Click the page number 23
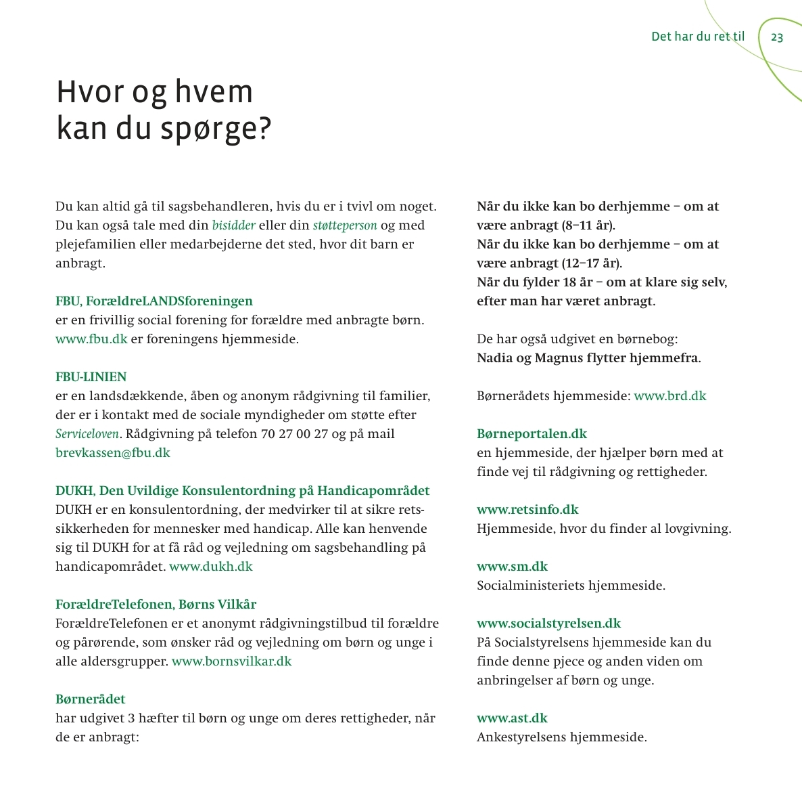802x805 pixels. click(777, 37)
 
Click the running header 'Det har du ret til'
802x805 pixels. click(697, 37)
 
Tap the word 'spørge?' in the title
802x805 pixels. click(216, 129)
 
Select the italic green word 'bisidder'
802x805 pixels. click(234, 225)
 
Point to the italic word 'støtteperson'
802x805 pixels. click(345, 225)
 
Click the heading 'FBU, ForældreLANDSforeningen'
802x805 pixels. click(154, 301)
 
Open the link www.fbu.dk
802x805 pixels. click(91, 339)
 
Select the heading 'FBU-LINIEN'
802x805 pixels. click(91, 377)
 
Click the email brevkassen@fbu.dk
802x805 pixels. click(113, 453)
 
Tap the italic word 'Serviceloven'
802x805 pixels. click(87, 434)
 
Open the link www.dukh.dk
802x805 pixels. click(210, 567)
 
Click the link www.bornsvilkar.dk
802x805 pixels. click(231, 661)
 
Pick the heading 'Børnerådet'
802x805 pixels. click(91, 699)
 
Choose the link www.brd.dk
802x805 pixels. click(669, 396)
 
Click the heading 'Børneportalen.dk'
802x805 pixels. click(532, 434)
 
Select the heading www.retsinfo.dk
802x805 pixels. click(527, 510)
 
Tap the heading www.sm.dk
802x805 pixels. click(512, 567)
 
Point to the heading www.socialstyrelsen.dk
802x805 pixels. click(548, 624)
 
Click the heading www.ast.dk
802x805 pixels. click(512, 718)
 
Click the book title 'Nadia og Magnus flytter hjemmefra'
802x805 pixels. click(588, 358)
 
